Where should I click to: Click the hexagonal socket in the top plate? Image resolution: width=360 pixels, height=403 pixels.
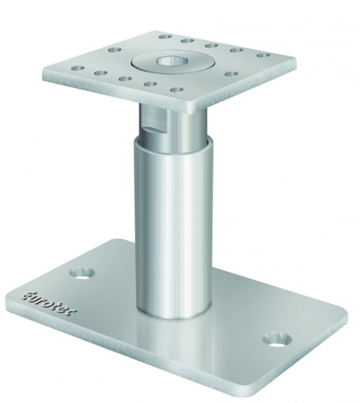[x=172, y=61]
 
